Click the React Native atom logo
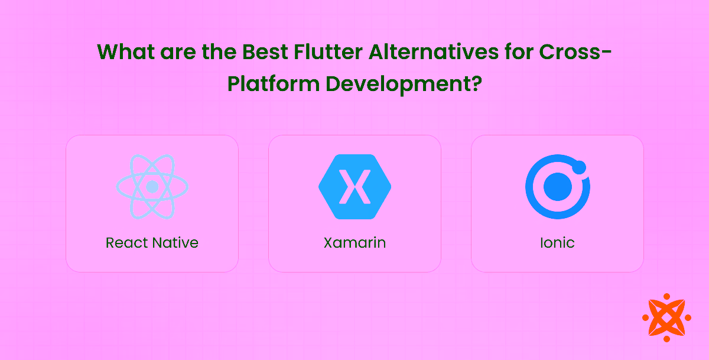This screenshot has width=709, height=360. [152, 186]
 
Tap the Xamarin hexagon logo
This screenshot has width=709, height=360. [354, 187]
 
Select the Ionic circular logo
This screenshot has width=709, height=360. [557, 187]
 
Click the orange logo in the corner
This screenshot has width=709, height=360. [666, 317]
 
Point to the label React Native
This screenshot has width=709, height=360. [152, 242]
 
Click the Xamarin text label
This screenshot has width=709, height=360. [354, 242]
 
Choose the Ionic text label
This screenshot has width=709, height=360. [557, 242]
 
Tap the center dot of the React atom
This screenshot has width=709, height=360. [152, 187]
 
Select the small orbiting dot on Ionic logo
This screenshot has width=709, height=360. [579, 167]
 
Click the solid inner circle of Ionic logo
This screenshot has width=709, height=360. [557, 187]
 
